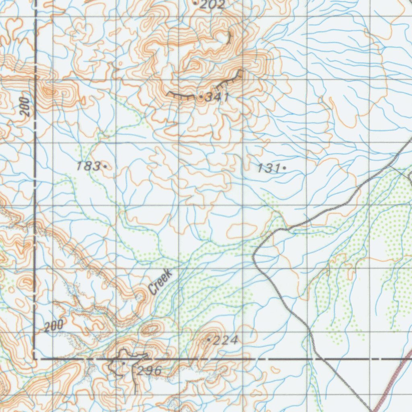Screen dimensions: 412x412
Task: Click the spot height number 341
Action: (x=217, y=97)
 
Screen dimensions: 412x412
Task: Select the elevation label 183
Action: (x=89, y=165)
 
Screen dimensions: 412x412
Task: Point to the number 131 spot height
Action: (x=269, y=169)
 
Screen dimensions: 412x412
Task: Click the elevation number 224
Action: (x=226, y=341)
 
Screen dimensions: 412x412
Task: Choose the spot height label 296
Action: (x=149, y=371)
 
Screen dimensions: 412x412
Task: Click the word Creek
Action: (x=160, y=282)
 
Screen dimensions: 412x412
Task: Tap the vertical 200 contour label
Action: (x=25, y=107)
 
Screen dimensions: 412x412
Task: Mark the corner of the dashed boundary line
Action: (x=35, y=358)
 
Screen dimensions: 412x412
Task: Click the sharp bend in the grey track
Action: (x=255, y=255)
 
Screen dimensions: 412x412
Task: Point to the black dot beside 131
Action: (x=284, y=168)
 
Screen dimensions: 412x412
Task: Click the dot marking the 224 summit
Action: (x=208, y=340)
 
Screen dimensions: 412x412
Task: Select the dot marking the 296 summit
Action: (x=123, y=363)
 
